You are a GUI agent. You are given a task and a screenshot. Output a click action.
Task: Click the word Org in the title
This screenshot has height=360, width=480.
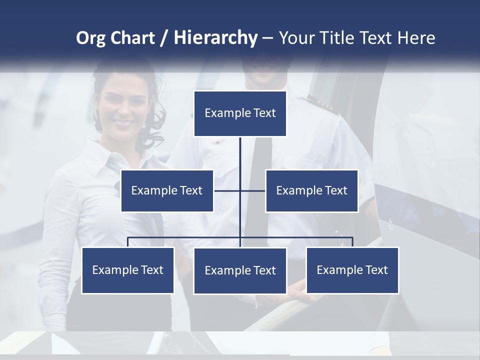(x=90, y=38)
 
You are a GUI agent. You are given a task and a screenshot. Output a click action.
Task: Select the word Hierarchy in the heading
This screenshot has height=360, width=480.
(x=215, y=38)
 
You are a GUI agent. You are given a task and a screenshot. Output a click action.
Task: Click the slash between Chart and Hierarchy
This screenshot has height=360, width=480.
(x=164, y=38)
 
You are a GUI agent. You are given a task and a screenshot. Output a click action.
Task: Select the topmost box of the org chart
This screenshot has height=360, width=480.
(x=240, y=113)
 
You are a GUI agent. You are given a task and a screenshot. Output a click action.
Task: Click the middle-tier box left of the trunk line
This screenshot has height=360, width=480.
(x=167, y=190)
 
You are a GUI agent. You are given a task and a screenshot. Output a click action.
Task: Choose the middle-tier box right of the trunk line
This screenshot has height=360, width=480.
(x=311, y=190)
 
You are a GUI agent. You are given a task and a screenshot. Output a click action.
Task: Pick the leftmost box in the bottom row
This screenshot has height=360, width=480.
(x=128, y=270)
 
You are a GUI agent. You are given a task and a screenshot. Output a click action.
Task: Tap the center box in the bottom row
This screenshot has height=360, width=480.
(x=240, y=270)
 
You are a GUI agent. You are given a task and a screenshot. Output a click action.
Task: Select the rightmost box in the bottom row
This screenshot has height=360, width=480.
(x=352, y=270)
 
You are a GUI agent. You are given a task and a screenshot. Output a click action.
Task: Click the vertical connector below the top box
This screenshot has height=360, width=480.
(x=240, y=160)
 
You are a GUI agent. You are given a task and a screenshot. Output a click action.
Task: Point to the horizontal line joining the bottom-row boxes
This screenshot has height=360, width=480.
(x=185, y=237)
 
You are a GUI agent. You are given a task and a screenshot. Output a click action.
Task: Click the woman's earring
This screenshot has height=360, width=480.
(x=144, y=125)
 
